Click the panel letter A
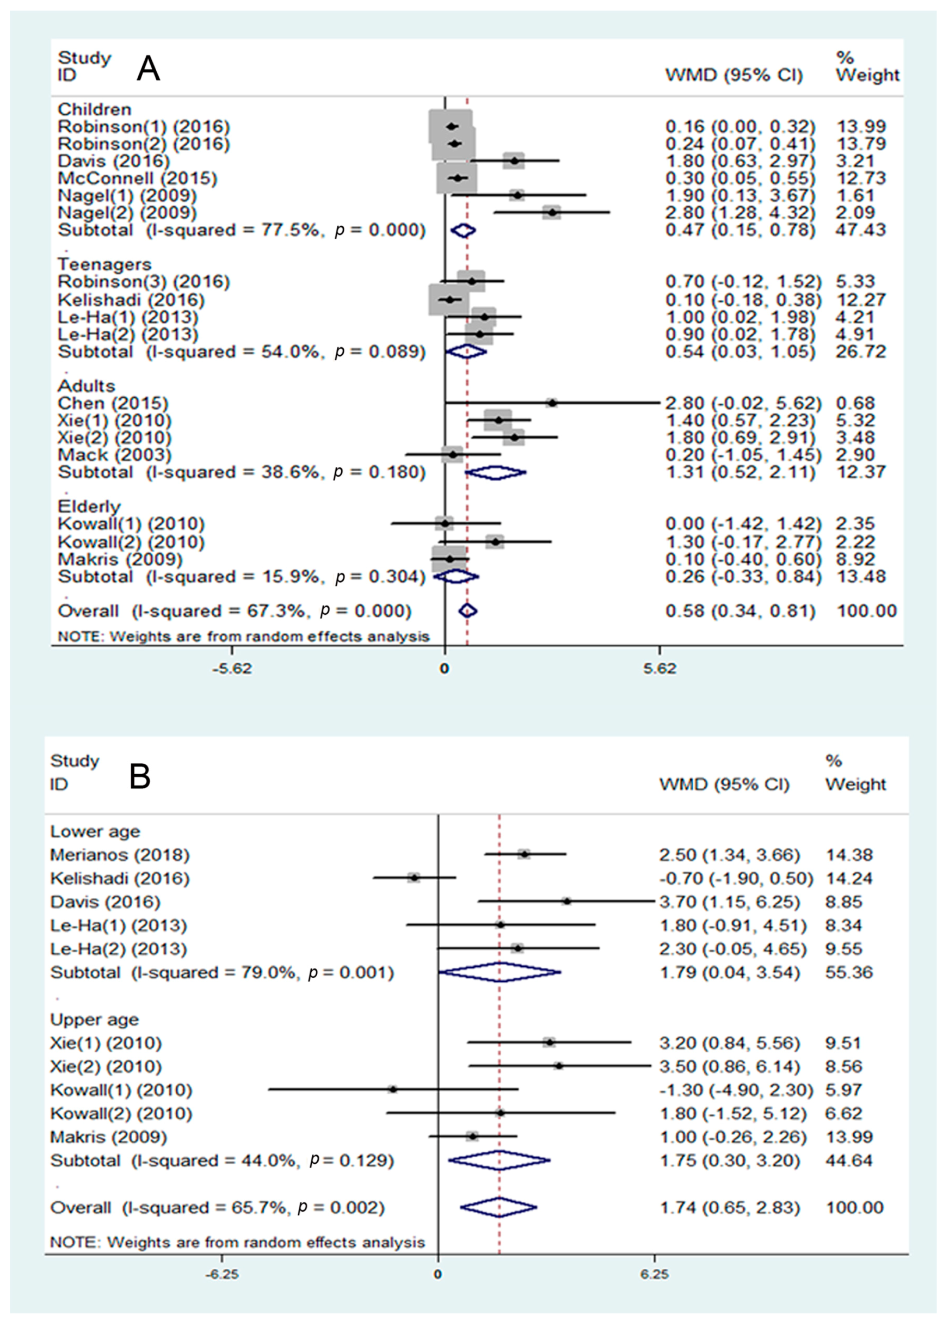[x=148, y=69]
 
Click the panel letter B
[x=140, y=776]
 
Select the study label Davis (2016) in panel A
[x=114, y=161]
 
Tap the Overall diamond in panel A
[x=468, y=610]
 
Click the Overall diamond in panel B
[x=498, y=1207]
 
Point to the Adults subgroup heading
[x=86, y=386]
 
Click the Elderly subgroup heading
[x=89, y=506]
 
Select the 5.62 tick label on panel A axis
[x=660, y=668]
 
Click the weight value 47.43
[x=861, y=230]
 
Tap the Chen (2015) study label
[x=113, y=403]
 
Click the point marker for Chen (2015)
[x=552, y=403]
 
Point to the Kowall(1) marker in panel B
[x=393, y=1089]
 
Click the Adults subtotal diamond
[x=495, y=472]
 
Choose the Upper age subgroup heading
[x=94, y=1019]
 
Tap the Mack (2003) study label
[x=114, y=454]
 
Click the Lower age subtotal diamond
[x=500, y=972]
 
